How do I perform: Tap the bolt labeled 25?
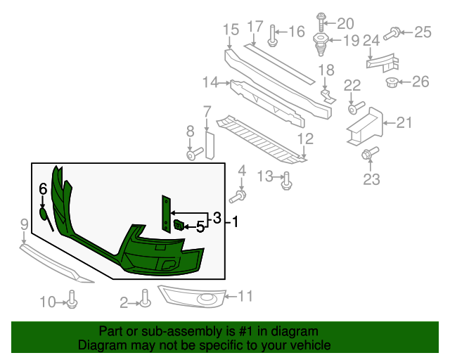click(x=394, y=31)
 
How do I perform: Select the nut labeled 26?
click(x=392, y=83)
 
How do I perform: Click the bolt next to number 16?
click(x=272, y=33)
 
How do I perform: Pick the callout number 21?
click(x=404, y=124)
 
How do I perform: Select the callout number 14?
click(x=210, y=83)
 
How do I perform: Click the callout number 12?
click(x=305, y=138)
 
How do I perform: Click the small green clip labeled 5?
click(x=179, y=225)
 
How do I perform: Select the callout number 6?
click(x=42, y=188)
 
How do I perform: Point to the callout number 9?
click(x=24, y=225)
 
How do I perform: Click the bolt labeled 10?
click(x=72, y=302)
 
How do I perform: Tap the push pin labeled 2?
click(x=145, y=300)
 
